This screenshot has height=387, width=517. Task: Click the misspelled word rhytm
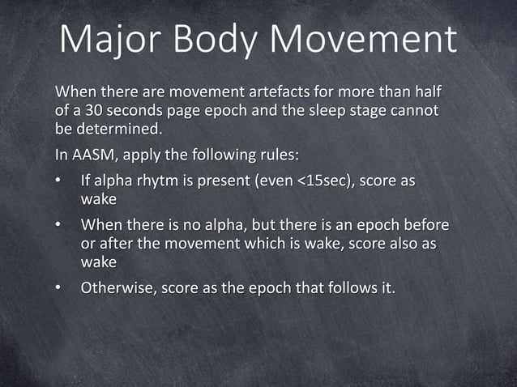click(159, 181)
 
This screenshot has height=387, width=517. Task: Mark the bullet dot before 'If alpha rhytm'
click(58, 181)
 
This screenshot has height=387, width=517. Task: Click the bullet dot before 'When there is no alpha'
click(58, 224)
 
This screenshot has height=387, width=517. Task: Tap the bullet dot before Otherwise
click(58, 288)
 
